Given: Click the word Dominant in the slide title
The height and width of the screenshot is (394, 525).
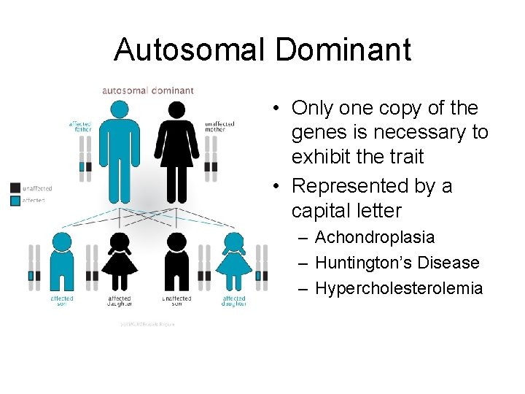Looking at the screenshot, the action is (x=343, y=50).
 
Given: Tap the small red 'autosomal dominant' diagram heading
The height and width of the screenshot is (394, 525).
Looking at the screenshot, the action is (x=148, y=90).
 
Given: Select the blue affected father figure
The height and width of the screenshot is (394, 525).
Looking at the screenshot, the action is (x=120, y=150).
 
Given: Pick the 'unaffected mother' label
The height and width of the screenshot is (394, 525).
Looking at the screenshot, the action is (x=219, y=126).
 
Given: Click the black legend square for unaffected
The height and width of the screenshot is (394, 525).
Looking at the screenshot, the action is (x=15, y=188).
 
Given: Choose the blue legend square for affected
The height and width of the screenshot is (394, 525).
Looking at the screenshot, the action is (x=15, y=198).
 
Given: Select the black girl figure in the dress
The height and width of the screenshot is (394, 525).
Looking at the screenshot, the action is (x=120, y=263).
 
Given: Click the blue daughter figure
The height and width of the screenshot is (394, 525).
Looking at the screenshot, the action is (x=233, y=263).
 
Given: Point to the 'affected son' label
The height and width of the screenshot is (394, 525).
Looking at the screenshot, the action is (x=62, y=300).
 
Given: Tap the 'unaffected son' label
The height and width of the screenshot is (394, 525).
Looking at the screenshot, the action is (x=176, y=300).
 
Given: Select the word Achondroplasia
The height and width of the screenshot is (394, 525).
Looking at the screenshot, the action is (x=374, y=238).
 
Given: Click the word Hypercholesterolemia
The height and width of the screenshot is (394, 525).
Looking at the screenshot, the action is (x=398, y=288).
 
